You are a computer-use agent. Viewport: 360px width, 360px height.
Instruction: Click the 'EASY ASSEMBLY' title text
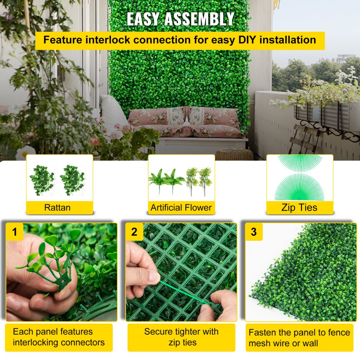pyautogui.click(x=180, y=19)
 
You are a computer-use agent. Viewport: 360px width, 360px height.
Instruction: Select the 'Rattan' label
pyautogui.click(x=57, y=207)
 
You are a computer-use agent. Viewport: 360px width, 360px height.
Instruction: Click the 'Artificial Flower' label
pyautogui.click(x=181, y=207)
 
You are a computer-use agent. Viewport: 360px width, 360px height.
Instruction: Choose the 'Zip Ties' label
pyautogui.click(x=299, y=207)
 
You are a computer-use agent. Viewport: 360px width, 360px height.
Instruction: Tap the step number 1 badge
pyautogui.click(x=14, y=232)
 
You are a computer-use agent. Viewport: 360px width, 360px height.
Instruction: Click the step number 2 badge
pyautogui.click(x=134, y=232)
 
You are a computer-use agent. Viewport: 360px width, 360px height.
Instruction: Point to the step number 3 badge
pyautogui.click(x=254, y=232)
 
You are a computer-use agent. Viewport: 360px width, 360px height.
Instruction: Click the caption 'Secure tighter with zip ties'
pyautogui.click(x=181, y=337)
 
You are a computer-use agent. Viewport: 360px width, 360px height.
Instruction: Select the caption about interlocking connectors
pyautogui.click(x=59, y=337)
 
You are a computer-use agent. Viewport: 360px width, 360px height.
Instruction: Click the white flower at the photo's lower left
pyautogui.click(x=25, y=153)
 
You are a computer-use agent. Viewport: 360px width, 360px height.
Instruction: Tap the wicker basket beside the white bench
pyautogui.click(x=234, y=155)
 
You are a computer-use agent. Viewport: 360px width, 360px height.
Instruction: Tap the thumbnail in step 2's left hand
pyautogui.click(x=153, y=278)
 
